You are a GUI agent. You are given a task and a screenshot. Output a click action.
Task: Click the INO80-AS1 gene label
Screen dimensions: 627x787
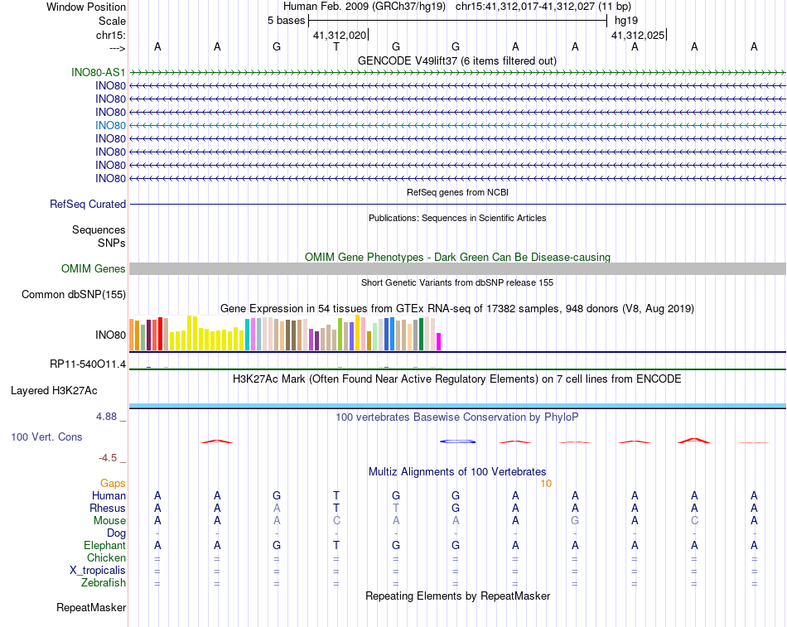tap(99, 72)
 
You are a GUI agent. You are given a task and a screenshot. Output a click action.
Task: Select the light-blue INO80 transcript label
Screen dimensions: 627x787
tap(110, 125)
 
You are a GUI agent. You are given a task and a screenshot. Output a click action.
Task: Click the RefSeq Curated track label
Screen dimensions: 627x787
tap(88, 204)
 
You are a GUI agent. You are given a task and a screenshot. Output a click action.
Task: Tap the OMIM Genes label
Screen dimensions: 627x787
tap(94, 268)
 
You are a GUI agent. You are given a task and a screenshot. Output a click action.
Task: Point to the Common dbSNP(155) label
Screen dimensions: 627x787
tap(74, 294)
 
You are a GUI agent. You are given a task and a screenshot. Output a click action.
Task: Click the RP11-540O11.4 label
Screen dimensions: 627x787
tap(88, 364)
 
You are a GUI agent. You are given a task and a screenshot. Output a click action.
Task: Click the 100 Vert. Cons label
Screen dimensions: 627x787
tap(46, 436)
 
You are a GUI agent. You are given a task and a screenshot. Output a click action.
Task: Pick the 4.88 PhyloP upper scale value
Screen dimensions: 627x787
tap(107, 417)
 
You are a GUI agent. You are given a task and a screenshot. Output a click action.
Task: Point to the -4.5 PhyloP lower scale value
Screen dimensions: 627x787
tap(108, 457)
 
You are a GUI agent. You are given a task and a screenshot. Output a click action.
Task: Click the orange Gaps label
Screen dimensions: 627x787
tap(113, 483)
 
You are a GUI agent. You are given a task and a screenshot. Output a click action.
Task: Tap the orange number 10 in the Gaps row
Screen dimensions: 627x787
tap(545, 483)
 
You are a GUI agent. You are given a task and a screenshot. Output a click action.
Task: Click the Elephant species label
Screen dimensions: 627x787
tap(104, 545)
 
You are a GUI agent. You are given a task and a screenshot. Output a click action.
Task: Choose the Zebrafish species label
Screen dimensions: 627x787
tap(103, 582)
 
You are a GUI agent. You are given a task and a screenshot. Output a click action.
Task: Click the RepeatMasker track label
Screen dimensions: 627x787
tap(91, 608)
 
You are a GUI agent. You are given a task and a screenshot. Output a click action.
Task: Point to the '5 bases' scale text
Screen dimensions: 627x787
tap(286, 20)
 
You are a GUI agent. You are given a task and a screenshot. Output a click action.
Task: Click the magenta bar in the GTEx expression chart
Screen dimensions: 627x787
tap(439, 341)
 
